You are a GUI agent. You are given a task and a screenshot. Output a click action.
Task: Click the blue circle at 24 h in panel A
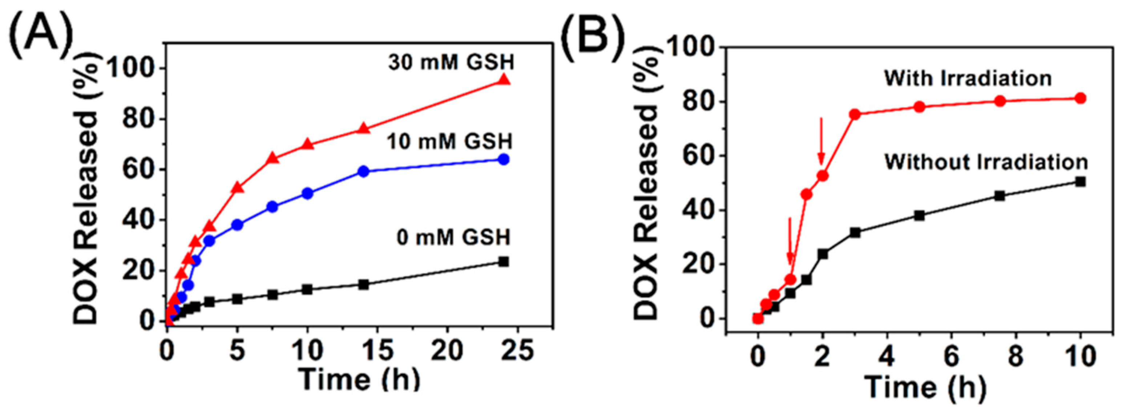[504, 160]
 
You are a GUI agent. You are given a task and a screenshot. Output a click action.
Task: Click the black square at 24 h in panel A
[504, 262]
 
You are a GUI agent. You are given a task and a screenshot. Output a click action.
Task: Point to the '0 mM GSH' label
[453, 237]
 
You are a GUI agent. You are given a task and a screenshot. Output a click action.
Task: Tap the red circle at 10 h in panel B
[1080, 98]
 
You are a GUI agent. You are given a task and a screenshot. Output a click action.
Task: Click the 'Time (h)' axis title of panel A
[360, 380]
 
